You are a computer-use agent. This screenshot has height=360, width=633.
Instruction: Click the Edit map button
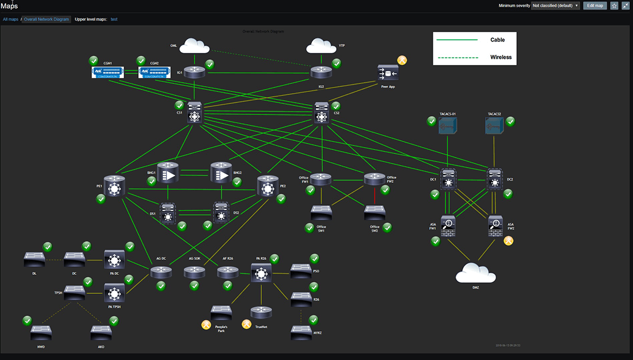(x=595, y=5)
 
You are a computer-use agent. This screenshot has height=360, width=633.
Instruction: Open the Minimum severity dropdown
(x=555, y=6)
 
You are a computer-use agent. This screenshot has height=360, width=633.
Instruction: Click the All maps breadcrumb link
(x=10, y=19)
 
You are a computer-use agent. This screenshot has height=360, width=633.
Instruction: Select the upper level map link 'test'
(x=114, y=19)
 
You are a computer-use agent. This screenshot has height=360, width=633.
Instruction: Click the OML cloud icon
(x=196, y=45)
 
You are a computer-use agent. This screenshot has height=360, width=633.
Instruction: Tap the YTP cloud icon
(x=322, y=45)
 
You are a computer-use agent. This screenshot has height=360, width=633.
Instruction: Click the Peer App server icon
(x=388, y=74)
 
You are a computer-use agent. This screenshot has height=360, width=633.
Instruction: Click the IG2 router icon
(x=322, y=72)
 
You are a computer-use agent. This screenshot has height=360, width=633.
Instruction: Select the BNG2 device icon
(x=221, y=173)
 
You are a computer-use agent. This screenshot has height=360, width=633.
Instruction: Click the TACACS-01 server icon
(x=447, y=126)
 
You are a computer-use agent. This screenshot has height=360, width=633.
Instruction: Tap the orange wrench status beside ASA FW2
(x=509, y=241)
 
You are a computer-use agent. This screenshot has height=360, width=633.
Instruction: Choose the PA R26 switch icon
(x=262, y=274)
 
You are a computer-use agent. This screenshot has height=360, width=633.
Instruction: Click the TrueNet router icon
(x=261, y=313)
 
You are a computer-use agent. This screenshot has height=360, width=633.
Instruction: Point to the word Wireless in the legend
(x=501, y=57)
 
